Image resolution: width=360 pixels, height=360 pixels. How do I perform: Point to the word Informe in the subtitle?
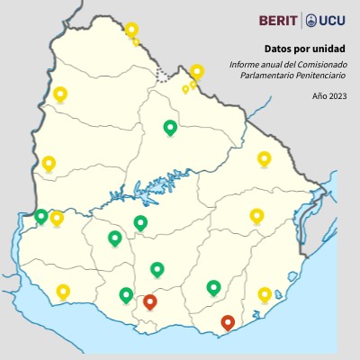tap(244, 64)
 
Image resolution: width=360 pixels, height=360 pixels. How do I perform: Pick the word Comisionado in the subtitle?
tap(321, 64)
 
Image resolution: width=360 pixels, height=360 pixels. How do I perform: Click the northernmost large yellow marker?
tap(131, 30)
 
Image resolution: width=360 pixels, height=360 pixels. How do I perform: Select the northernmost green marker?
tap(169, 127)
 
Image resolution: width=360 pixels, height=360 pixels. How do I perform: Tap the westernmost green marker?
tap(40, 216)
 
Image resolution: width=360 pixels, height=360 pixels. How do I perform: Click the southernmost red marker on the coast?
tap(228, 321)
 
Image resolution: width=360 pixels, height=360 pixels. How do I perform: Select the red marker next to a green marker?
tap(150, 301)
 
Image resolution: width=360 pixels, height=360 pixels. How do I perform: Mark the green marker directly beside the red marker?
tap(126, 294)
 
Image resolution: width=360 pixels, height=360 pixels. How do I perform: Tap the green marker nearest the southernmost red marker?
tap(213, 287)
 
